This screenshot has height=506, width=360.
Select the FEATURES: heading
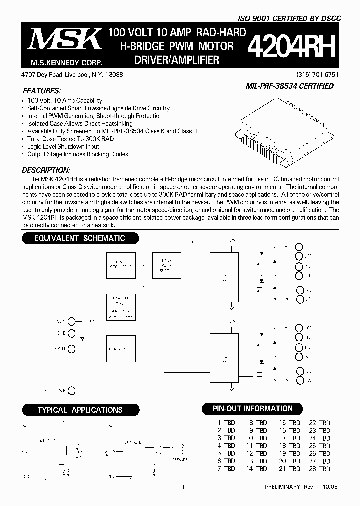point(42,91)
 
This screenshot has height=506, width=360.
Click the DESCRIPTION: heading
point(46,170)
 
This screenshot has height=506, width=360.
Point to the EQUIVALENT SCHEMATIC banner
point(80,238)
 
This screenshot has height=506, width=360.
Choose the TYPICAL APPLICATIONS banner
point(80,410)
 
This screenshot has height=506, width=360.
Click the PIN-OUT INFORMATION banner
point(253,409)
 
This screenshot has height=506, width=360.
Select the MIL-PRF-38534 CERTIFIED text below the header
point(289,86)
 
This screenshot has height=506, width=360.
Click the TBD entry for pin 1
point(229,423)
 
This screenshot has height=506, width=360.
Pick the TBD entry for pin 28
point(325,469)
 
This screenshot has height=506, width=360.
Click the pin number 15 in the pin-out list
point(283,423)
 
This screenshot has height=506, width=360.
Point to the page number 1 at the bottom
point(183,487)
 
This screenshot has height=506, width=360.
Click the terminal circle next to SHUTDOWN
point(72,391)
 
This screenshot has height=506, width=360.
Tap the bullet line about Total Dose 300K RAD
point(71,139)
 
